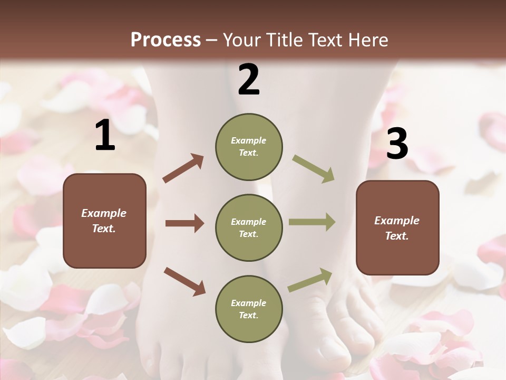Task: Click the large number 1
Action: [105, 136]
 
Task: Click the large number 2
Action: [248, 80]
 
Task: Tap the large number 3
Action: [397, 144]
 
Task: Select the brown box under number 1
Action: [104, 221]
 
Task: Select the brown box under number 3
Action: [397, 228]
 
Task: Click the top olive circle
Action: [249, 147]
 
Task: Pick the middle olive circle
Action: [249, 227]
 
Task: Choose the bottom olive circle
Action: [249, 309]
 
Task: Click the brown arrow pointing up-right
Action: [183, 168]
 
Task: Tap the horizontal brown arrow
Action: [184, 223]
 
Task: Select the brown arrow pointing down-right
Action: [184, 281]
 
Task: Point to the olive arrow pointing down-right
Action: [313, 169]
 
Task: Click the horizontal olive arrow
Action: [312, 222]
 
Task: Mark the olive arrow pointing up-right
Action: [310, 280]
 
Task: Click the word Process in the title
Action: [166, 40]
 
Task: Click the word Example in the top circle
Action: [248, 140]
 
